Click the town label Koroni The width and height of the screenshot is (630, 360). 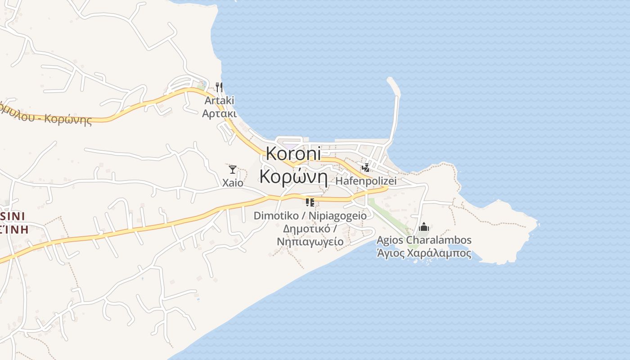(293, 153)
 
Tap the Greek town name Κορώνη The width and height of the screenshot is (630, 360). (293, 177)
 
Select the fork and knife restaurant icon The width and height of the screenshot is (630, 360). (219, 87)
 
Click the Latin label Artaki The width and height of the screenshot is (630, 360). (219, 100)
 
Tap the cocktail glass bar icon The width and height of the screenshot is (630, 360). (233, 170)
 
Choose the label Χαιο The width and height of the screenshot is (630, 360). (233, 183)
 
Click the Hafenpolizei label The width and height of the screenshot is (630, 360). (366, 181)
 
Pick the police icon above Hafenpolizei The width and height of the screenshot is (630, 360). (366, 168)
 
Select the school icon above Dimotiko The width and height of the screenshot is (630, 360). (310, 202)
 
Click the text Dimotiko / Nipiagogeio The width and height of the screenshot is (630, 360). (310, 216)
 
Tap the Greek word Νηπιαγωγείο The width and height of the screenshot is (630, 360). (310, 242)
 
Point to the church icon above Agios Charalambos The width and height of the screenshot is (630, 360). (423, 227)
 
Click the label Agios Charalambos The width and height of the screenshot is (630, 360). (424, 240)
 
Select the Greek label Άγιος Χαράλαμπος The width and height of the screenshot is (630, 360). (424, 253)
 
